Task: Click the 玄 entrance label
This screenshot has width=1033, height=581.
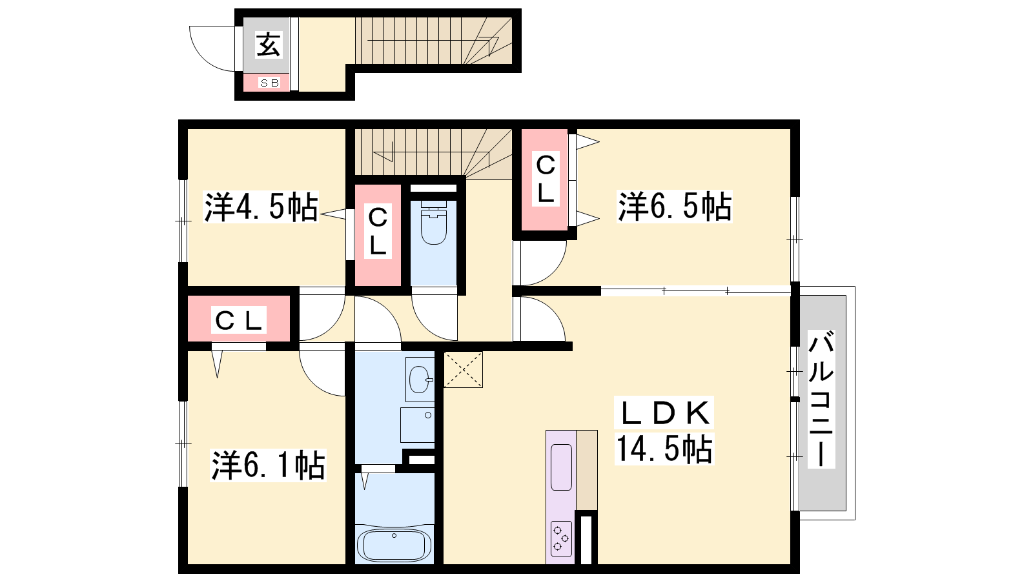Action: tap(268, 45)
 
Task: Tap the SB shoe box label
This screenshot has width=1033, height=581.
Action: tap(269, 83)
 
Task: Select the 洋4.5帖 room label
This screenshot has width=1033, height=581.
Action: tap(261, 207)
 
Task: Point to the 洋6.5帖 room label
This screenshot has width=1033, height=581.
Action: tap(674, 207)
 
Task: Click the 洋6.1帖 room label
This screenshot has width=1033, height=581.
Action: tap(269, 465)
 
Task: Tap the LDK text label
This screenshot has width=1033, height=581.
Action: tap(664, 413)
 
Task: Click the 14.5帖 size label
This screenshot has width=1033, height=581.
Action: tap(664, 449)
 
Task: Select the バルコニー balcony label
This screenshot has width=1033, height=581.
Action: tap(821, 399)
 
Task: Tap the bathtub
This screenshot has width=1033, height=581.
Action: tap(394, 545)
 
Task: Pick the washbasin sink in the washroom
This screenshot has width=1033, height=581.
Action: tap(420, 380)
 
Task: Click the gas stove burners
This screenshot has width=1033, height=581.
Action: tap(561, 538)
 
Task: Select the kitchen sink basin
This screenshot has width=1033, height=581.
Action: tap(561, 467)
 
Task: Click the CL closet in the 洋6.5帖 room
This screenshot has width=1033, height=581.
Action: tap(545, 179)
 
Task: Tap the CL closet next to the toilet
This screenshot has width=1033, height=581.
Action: tap(378, 235)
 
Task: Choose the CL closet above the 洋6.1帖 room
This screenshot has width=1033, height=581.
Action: tap(239, 319)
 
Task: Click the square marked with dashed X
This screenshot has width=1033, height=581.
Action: tap(463, 370)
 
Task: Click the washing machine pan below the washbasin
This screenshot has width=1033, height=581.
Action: tap(417, 425)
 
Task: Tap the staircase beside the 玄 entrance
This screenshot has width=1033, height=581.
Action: tap(433, 41)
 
